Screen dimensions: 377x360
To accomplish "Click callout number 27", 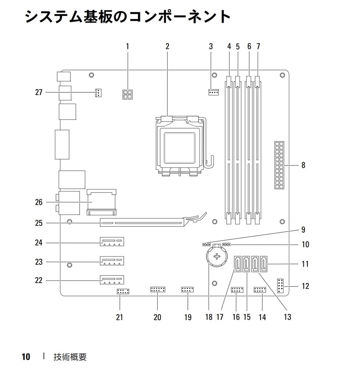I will (39, 92).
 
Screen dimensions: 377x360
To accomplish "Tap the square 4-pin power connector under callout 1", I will (127, 95).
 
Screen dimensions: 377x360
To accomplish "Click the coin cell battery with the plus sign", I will (217, 257).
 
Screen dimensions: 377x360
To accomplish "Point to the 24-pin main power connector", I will (281, 165).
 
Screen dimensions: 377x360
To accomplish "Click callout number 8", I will (303, 165).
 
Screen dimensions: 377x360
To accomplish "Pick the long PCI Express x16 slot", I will (142, 222).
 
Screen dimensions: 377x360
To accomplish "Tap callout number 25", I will (39, 223).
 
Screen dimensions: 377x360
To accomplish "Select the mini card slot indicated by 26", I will (101, 202).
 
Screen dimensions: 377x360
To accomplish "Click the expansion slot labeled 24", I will (112, 243).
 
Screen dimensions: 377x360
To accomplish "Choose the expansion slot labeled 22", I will (112, 281).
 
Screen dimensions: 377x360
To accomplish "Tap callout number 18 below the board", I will (209, 317).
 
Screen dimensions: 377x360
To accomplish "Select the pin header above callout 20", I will (158, 290).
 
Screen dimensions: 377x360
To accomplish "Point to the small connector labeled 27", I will (98, 93).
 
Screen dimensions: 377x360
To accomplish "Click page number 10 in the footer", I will (26, 357).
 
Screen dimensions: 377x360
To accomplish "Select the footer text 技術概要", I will (70, 357).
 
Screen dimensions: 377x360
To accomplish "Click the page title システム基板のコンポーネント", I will (127, 17).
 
